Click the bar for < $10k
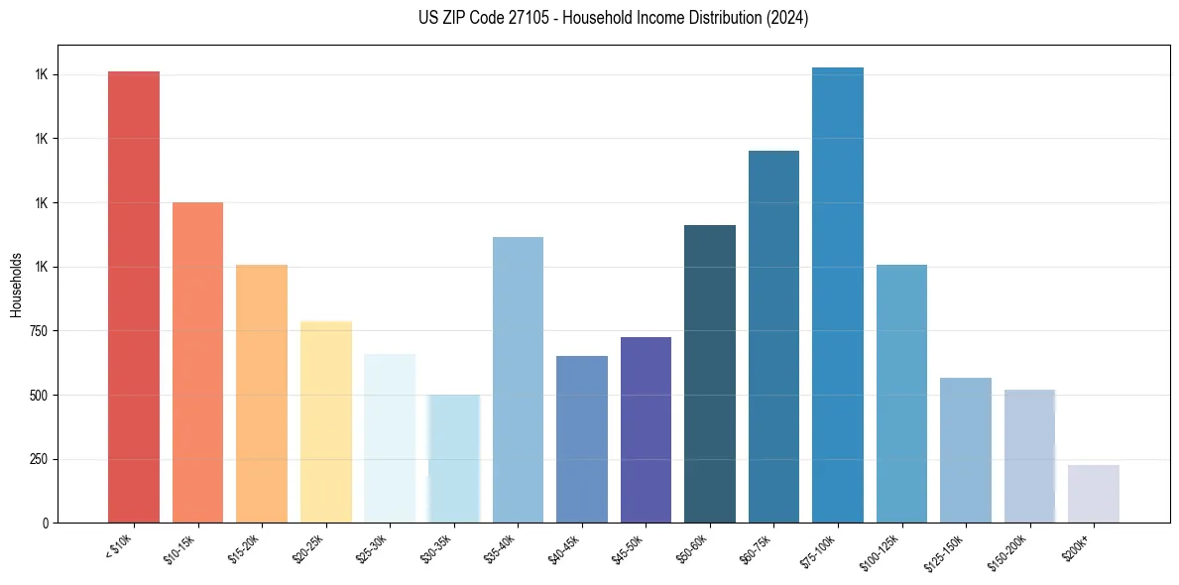point(134,297)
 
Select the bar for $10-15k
point(197,363)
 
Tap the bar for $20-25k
point(325,422)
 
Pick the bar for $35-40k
point(518,380)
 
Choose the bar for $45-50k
point(646,430)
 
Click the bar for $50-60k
point(710,374)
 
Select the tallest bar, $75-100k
point(838,295)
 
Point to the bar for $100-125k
point(901,394)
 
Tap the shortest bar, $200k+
point(1094,494)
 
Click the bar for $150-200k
point(1029,456)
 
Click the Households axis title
point(16,285)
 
